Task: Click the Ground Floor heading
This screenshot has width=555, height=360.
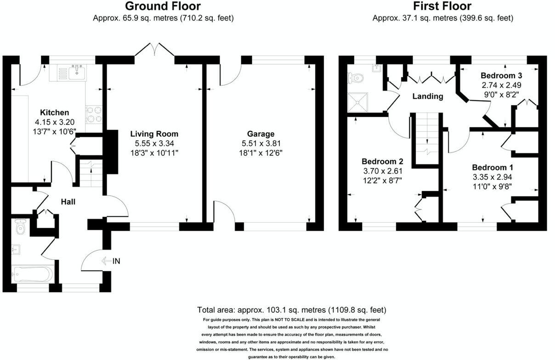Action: coord(163,6)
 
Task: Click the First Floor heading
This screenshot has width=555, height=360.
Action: coord(442,6)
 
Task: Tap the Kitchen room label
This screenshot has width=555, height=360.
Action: coord(54,112)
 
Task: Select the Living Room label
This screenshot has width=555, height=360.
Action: coord(154,134)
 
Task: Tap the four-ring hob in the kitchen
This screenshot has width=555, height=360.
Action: coord(94,114)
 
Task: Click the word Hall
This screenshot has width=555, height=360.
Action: coord(68,202)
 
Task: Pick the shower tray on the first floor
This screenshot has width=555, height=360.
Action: coord(360,102)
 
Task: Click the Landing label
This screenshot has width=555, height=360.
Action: coord(427,96)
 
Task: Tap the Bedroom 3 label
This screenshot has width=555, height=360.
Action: coord(501,75)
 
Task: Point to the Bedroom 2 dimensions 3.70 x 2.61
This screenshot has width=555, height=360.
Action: coord(382,171)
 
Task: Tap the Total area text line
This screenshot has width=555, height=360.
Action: coord(291,309)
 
